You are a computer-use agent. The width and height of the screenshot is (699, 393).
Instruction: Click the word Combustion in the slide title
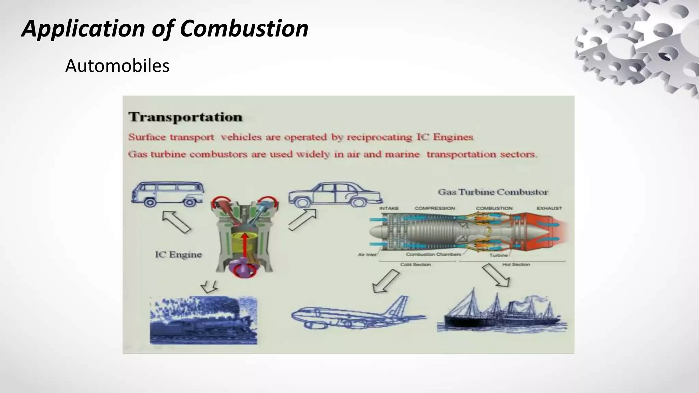pos(244,29)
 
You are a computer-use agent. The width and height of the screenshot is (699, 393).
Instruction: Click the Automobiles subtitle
pos(117,66)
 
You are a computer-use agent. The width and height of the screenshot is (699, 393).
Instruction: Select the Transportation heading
pos(185,117)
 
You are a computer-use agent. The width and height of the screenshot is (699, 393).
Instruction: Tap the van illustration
pos(168,194)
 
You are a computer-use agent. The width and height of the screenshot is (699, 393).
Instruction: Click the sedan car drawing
pos(335,195)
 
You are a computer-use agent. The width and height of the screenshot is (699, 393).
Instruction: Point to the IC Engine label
pos(178,254)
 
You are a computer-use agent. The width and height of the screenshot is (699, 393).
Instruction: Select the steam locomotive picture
pos(203,321)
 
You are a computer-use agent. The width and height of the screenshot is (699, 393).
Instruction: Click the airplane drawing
pos(358,314)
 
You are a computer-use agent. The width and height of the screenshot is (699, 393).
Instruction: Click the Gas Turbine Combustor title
pos(493,192)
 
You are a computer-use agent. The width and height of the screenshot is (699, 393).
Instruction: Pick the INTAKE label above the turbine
pos(389,208)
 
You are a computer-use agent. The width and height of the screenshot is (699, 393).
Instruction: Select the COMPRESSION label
pos(434,208)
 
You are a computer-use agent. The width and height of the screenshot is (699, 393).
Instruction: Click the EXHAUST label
pos(549,208)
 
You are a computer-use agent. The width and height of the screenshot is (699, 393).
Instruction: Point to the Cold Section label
pos(415,264)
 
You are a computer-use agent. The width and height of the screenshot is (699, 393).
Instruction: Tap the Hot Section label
pos(516,264)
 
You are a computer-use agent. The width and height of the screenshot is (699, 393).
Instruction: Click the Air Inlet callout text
pos(367,254)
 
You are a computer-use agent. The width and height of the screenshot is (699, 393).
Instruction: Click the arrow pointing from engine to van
pos(176,222)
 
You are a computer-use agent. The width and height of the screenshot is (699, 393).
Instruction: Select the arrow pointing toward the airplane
pos(386,281)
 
